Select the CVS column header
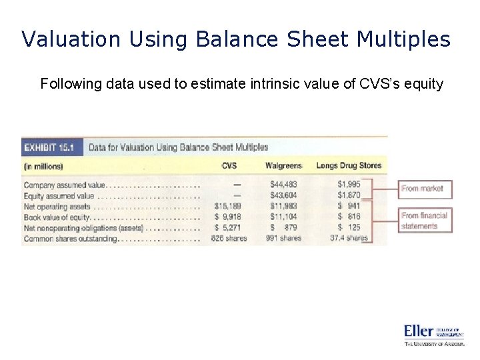pos(228,165)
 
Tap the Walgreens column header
pos(283,165)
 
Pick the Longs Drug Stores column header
pos(349,165)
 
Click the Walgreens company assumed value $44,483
pos(284,185)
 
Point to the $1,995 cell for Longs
pos(349,185)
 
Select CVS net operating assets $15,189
pos(228,206)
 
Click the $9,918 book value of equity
pos(228,217)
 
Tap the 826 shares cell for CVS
pos(228,238)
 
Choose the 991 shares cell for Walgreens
pos(283,238)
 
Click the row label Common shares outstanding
pos(70,238)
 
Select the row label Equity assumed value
pos(59,195)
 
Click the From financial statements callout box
pos(424,221)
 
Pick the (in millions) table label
pos(43,166)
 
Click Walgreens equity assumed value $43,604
pos(284,195)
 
